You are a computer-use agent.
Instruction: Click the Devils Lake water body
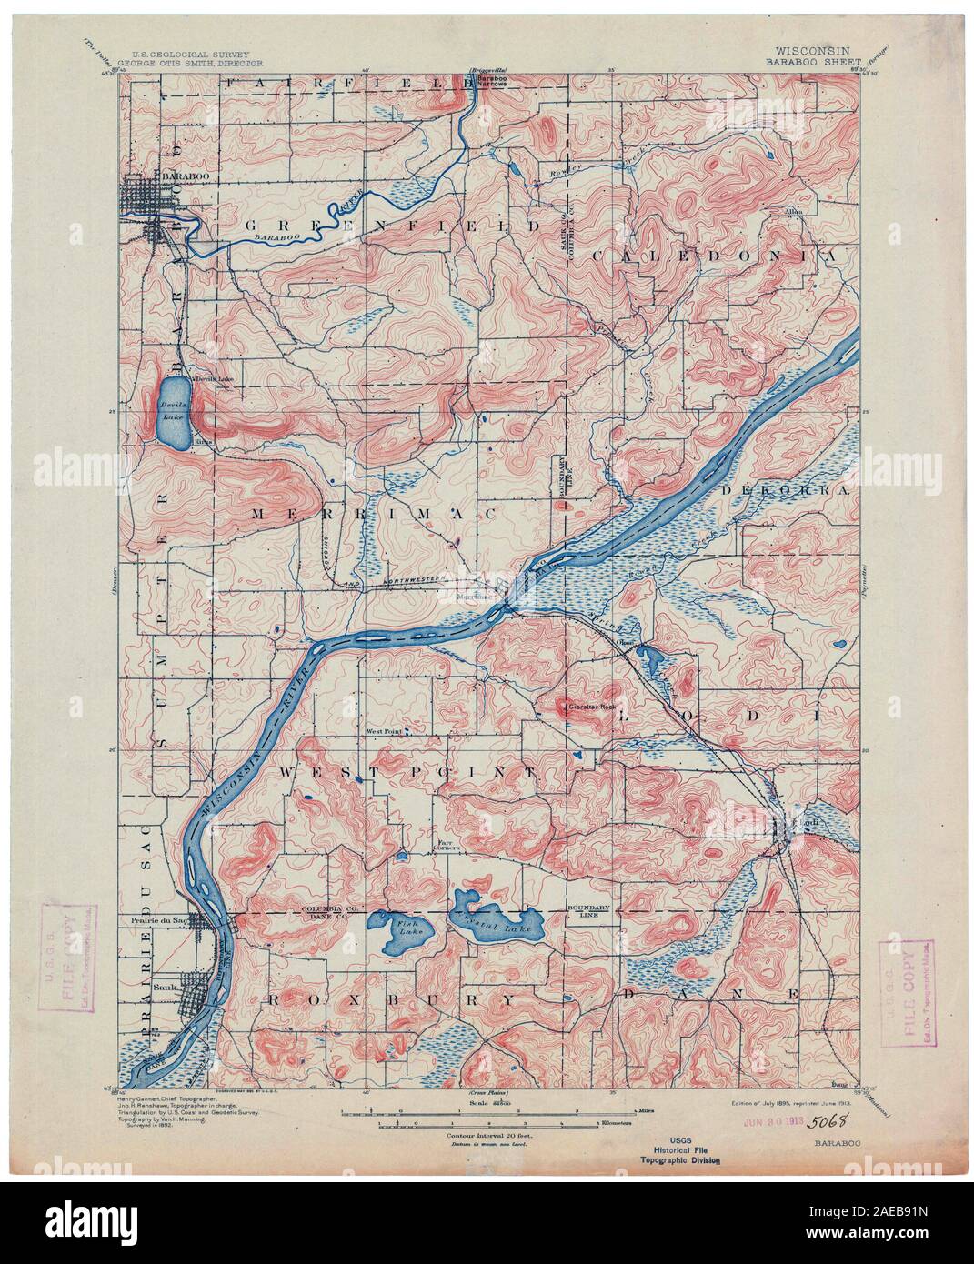pyautogui.click(x=173, y=411)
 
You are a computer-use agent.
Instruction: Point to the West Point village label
pyautogui.click(x=383, y=729)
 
